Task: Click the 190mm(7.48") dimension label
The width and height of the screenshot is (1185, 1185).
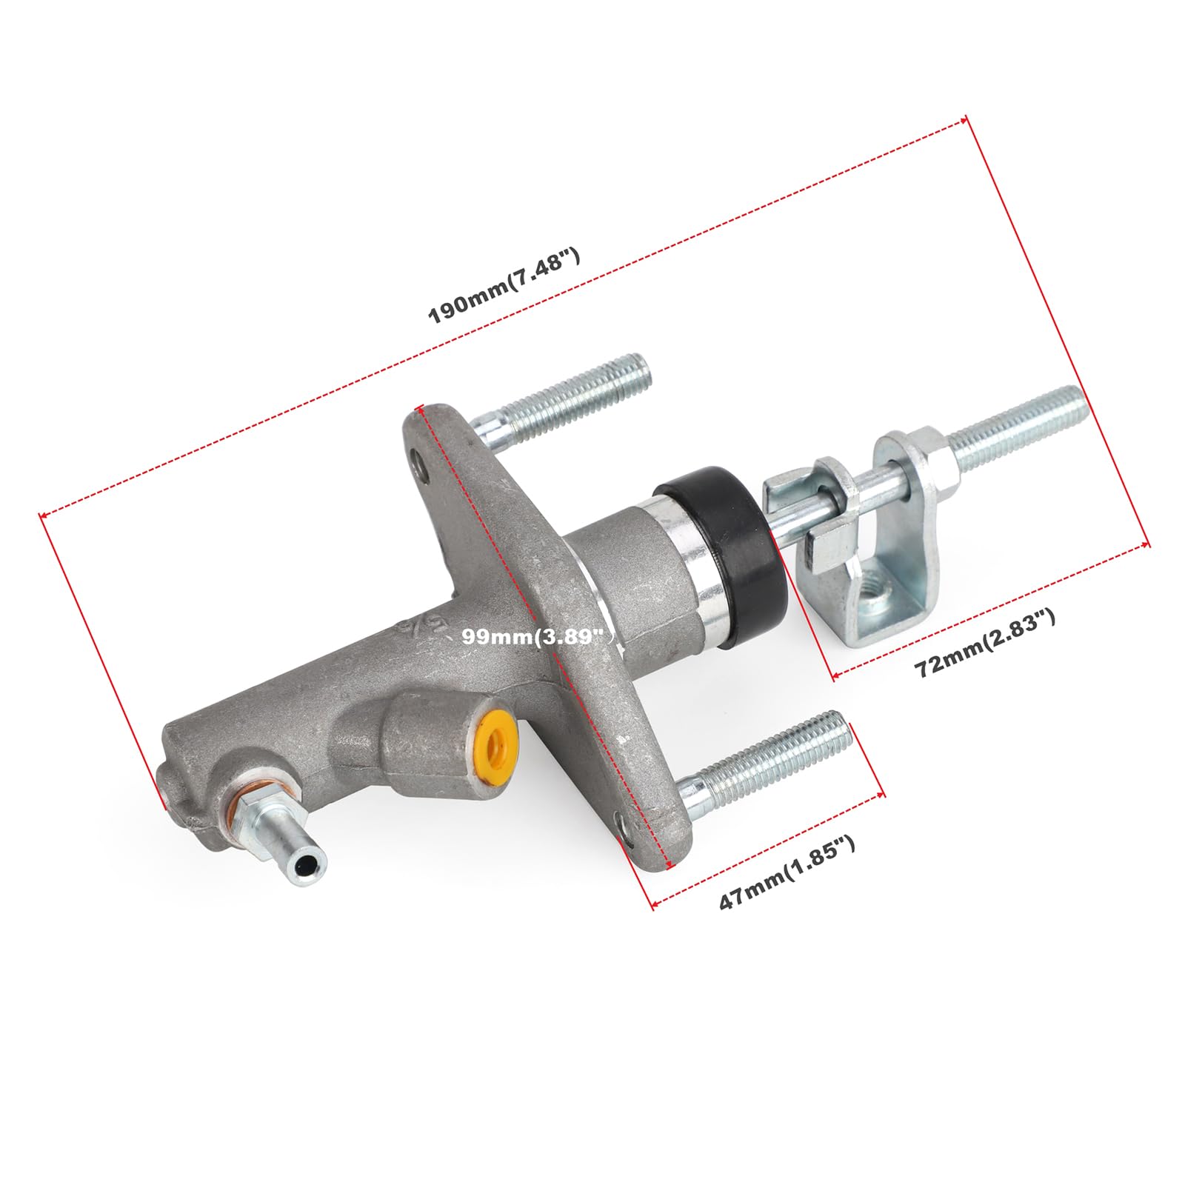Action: coord(504,287)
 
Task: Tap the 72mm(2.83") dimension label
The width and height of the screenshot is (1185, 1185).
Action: coord(985,642)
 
